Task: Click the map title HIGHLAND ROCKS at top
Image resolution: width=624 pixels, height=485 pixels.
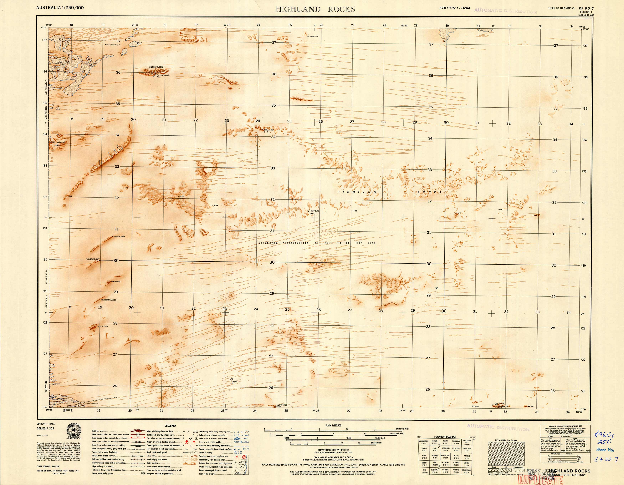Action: [x=315, y=9]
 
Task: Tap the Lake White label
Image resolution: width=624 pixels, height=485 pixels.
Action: [x=63, y=62]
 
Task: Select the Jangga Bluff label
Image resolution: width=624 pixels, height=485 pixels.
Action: [x=119, y=236]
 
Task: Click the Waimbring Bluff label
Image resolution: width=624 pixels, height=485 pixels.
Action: [x=92, y=259]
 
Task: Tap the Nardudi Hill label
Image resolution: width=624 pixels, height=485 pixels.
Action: [x=116, y=282]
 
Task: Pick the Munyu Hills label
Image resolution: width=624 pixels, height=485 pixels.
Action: [x=103, y=326]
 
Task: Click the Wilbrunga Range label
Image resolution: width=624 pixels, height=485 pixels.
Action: [x=108, y=300]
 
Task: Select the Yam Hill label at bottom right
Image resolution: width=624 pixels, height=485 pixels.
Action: [x=530, y=406]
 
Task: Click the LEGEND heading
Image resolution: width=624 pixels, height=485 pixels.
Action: [x=170, y=426]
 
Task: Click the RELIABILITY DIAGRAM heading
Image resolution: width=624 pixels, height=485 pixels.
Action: [x=506, y=440]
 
